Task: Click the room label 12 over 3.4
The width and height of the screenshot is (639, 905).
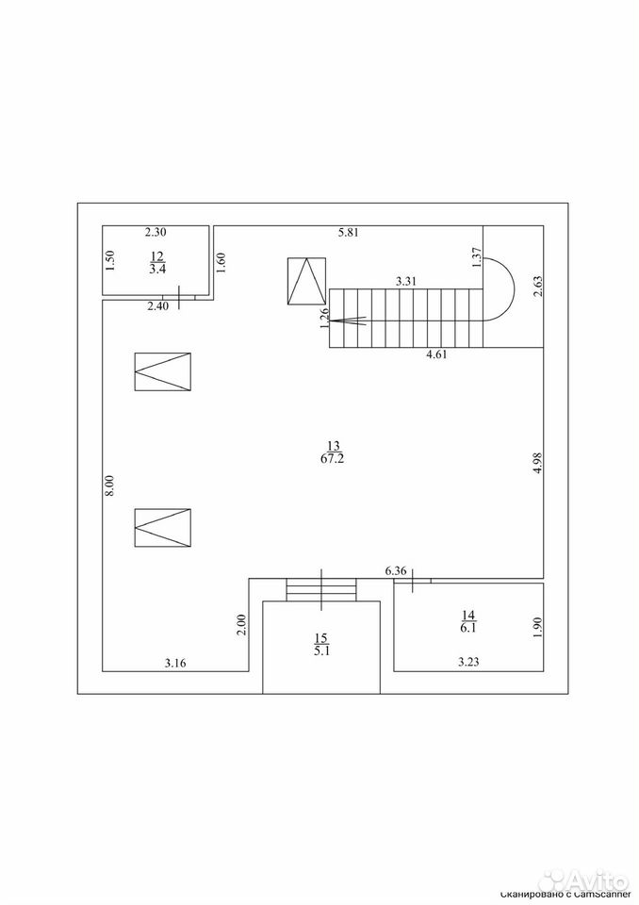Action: coord(157,263)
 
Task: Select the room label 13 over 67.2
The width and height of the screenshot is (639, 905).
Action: coord(335,452)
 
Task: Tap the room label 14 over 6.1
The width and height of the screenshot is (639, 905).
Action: coord(468,621)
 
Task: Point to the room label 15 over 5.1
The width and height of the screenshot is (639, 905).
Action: coord(321,645)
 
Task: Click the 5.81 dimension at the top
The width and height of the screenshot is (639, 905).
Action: coord(349,233)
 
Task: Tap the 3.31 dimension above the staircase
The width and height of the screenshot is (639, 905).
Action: coord(406,282)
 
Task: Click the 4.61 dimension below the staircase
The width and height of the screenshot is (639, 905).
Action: coord(436,354)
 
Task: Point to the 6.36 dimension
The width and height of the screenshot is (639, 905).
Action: coord(396,571)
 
